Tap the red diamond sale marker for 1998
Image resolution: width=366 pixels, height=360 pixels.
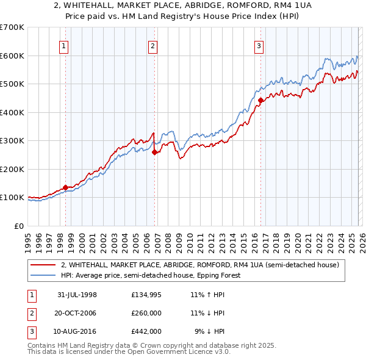66,187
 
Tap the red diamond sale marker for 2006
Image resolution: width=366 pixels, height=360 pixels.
154,153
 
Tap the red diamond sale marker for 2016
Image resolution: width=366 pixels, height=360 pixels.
260,100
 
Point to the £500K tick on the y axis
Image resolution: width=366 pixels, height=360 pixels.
12,84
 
